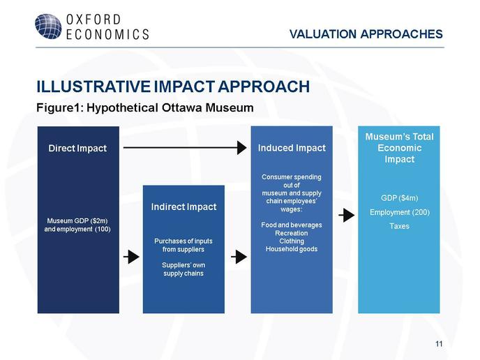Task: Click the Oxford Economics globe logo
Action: (48, 27)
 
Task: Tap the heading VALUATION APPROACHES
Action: (366, 34)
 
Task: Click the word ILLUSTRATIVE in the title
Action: (93, 87)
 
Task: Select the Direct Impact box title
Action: (77, 148)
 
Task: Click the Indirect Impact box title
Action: (183, 207)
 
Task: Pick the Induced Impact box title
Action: (292, 148)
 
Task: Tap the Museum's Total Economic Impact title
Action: (399, 148)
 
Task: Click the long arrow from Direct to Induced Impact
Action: (185, 148)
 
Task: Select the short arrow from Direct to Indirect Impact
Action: (131, 257)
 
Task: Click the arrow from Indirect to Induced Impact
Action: (239, 257)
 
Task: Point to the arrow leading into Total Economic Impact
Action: (347, 215)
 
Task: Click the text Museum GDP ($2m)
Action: (77, 220)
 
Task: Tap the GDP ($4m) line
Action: (399, 198)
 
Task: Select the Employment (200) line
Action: (400, 212)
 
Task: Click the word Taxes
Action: (399, 226)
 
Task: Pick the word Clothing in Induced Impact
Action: (292, 241)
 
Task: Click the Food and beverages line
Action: (292, 225)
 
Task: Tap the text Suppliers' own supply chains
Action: (183, 269)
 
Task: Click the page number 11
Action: (439, 344)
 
